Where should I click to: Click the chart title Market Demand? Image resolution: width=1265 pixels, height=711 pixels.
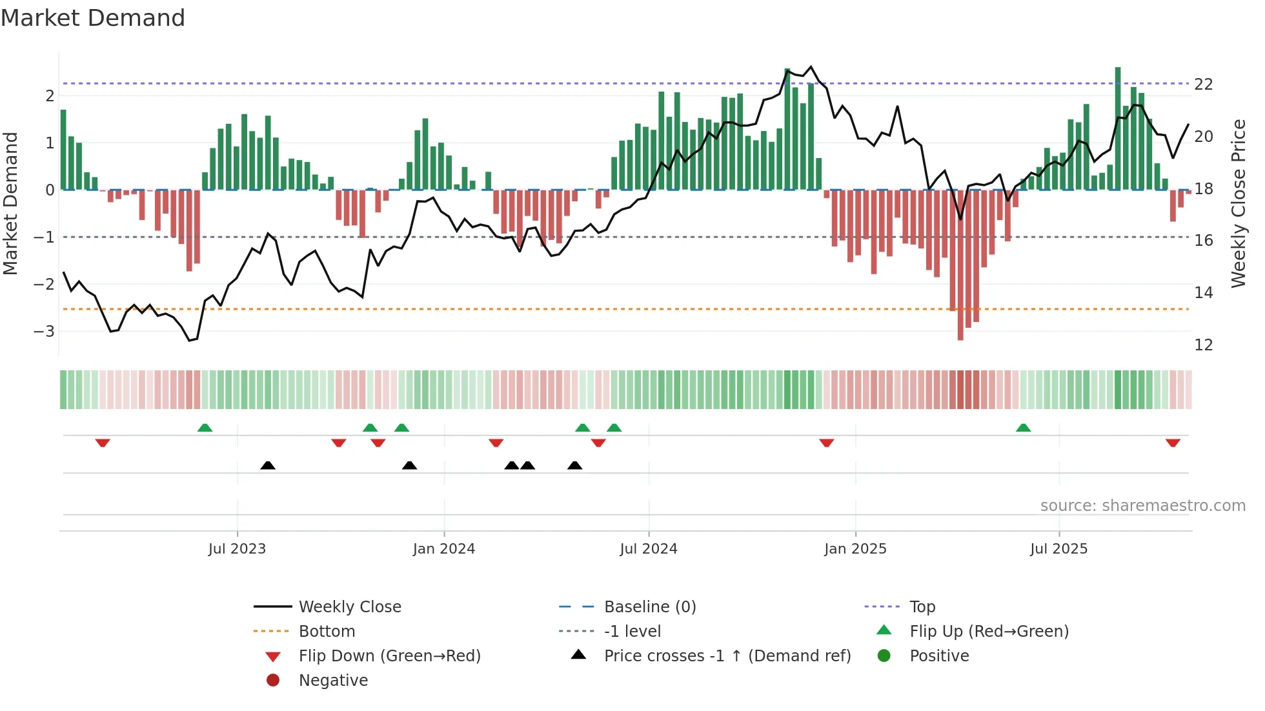(x=93, y=18)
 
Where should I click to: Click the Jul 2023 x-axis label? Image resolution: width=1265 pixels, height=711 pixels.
(x=237, y=549)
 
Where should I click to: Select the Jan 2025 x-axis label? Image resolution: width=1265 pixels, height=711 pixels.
(x=855, y=549)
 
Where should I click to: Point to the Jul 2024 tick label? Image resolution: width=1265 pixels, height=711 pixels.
(x=649, y=549)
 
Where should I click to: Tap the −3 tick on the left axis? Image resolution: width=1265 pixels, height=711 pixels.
(x=45, y=332)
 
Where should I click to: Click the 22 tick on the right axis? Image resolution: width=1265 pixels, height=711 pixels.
(x=1204, y=85)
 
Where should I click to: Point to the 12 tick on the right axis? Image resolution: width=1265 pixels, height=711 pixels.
(x=1204, y=345)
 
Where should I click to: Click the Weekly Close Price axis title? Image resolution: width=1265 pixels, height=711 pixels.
(x=1239, y=203)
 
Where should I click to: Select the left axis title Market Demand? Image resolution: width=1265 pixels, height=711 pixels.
(x=11, y=203)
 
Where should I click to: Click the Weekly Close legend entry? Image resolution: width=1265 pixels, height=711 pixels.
(x=349, y=607)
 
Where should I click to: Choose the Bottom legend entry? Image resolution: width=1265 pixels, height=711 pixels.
(x=327, y=632)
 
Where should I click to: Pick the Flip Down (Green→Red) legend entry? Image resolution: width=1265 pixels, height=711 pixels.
(x=389, y=656)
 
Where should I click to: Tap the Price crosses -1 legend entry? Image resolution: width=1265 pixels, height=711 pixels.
(x=727, y=656)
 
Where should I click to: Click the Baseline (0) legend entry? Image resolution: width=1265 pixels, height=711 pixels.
(x=649, y=607)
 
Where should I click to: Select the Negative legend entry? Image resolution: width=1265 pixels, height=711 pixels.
(x=333, y=681)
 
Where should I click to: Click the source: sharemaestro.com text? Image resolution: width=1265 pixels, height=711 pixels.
(x=1142, y=506)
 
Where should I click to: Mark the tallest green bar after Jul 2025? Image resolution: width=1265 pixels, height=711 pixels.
(x=1118, y=129)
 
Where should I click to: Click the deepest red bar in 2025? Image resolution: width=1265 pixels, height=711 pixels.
(x=960, y=265)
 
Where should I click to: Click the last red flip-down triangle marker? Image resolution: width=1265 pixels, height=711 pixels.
(x=1173, y=443)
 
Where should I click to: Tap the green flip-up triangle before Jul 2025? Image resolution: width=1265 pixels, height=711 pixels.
(x=1023, y=428)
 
